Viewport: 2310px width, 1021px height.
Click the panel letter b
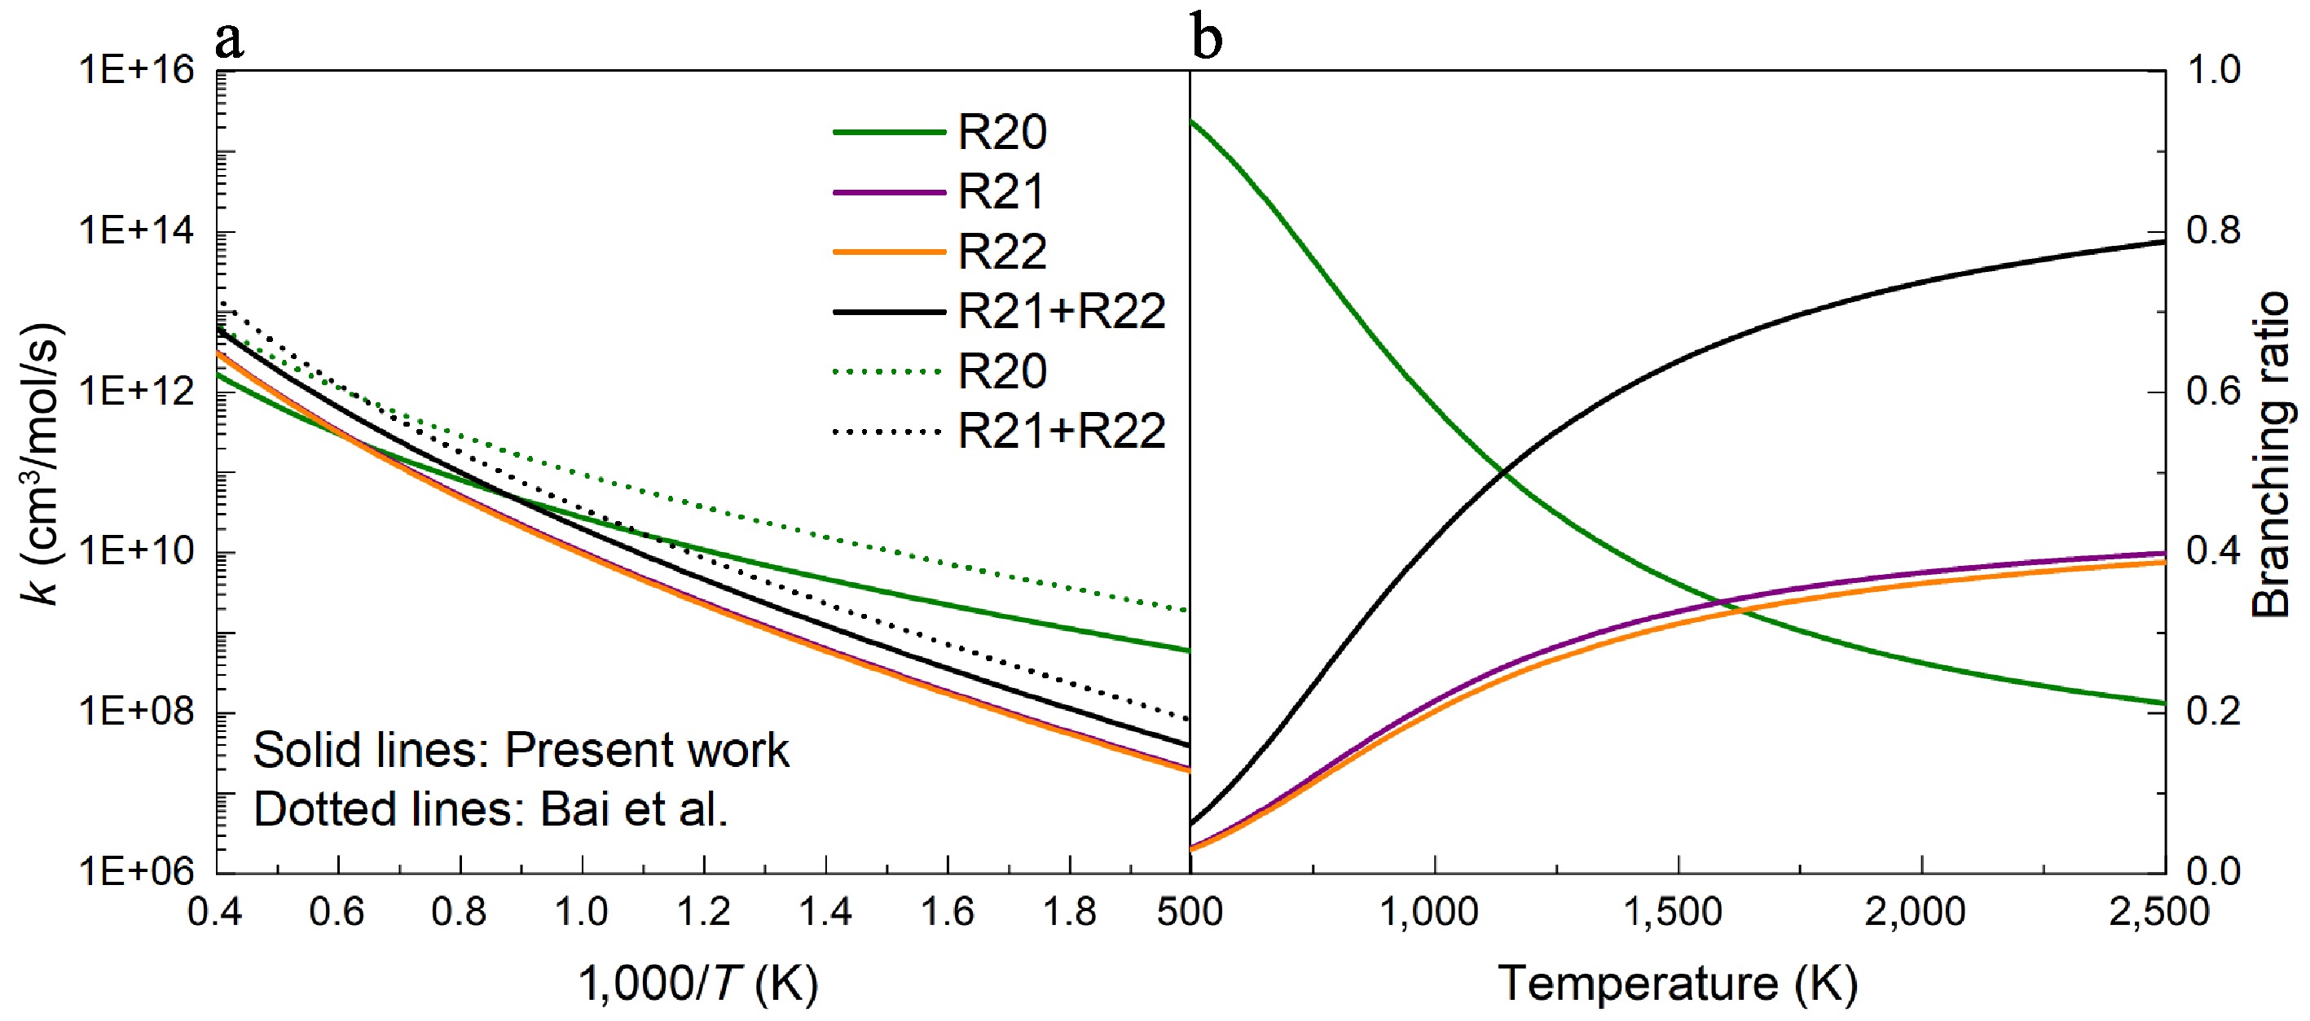pos(1207,38)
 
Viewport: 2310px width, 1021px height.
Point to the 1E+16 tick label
pos(137,70)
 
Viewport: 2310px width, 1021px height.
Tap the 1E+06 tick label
pos(137,870)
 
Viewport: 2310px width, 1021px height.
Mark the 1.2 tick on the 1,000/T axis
pos(704,912)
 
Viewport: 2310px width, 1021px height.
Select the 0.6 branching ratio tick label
pos(2213,391)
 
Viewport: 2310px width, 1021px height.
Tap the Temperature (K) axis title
pos(1677,984)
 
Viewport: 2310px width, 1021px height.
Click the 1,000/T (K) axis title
pos(697,984)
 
